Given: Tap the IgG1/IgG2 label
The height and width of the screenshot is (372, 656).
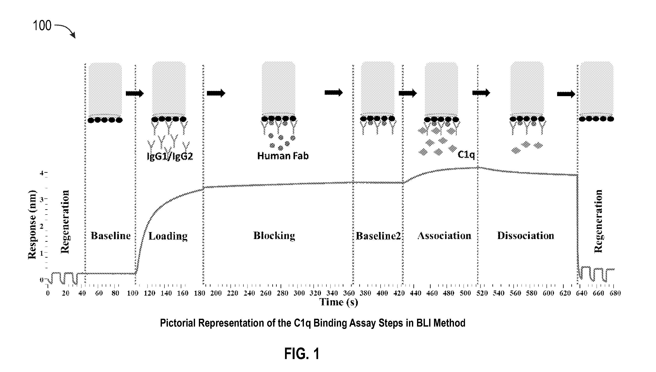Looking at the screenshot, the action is click(x=170, y=156).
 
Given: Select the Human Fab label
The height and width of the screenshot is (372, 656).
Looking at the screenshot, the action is click(x=283, y=156).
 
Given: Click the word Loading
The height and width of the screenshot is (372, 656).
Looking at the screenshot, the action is click(x=168, y=236).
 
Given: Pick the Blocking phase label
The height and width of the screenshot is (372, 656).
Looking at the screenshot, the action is click(x=274, y=236).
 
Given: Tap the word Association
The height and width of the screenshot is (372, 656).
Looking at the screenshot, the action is click(x=444, y=236).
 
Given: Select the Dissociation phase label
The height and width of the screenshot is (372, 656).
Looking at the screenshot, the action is click(x=526, y=236).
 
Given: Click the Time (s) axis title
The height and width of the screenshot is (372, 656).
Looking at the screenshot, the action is click(x=339, y=302).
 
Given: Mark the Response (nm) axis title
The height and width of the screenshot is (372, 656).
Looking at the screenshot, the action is click(x=32, y=225).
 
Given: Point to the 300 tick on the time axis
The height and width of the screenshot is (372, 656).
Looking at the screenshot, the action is click(x=299, y=293).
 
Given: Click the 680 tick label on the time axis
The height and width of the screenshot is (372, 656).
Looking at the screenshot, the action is click(x=615, y=293).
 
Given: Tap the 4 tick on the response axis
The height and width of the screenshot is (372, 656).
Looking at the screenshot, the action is click(x=41, y=173).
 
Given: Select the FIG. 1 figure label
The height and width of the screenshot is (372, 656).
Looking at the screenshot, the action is click(x=302, y=354).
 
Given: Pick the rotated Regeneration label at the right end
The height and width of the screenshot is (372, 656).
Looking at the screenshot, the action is click(x=598, y=221).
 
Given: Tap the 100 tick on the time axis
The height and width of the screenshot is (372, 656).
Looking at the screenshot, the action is click(x=133, y=293).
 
